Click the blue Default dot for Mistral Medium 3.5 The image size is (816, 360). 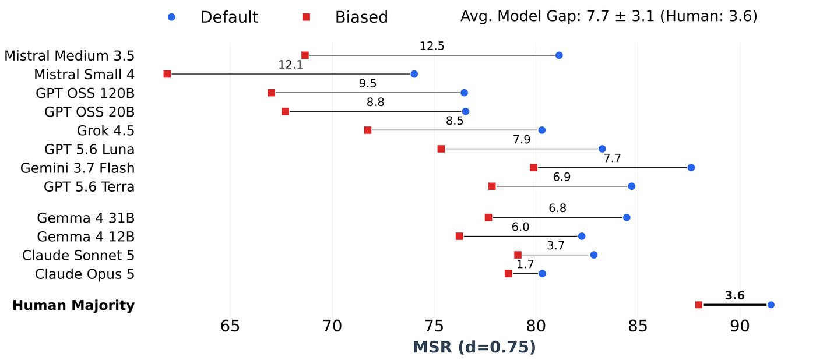559,55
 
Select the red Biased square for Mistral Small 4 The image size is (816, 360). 167,74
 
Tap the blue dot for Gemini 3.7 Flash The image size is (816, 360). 691,167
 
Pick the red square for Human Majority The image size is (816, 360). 698,305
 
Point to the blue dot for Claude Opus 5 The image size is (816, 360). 542,273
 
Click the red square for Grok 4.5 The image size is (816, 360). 368,130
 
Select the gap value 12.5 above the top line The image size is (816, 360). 432,46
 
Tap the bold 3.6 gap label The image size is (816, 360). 734,295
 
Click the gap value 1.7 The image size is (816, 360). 525,264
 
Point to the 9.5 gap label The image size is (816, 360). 368,83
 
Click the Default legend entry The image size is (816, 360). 213,17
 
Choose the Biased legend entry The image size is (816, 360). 345,17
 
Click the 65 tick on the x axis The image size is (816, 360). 230,327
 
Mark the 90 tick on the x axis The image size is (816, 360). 740,327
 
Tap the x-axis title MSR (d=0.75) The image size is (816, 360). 474,347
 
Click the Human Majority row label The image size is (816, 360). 73,305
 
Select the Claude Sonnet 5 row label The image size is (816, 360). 78,255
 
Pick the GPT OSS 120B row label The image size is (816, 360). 85,93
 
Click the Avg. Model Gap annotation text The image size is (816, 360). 609,16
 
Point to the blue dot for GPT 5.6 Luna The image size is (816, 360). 602,149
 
